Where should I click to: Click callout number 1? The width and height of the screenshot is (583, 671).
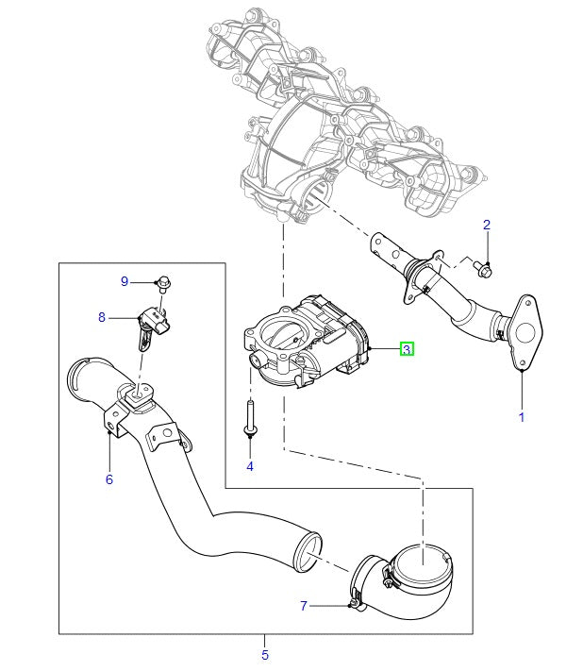(522, 415)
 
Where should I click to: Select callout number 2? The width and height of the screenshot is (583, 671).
(487, 225)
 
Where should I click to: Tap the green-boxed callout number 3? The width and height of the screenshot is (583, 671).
(407, 349)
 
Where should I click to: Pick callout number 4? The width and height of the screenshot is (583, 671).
(250, 466)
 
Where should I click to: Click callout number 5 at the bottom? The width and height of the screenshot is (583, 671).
(265, 655)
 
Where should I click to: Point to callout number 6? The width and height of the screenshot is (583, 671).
(108, 479)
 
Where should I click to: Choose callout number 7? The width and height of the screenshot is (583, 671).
(304, 606)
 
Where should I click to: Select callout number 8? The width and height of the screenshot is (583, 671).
(102, 317)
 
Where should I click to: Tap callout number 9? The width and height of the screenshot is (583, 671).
(124, 281)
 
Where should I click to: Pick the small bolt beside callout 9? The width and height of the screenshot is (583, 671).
(164, 281)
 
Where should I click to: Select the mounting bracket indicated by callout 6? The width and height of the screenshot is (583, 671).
(118, 421)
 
